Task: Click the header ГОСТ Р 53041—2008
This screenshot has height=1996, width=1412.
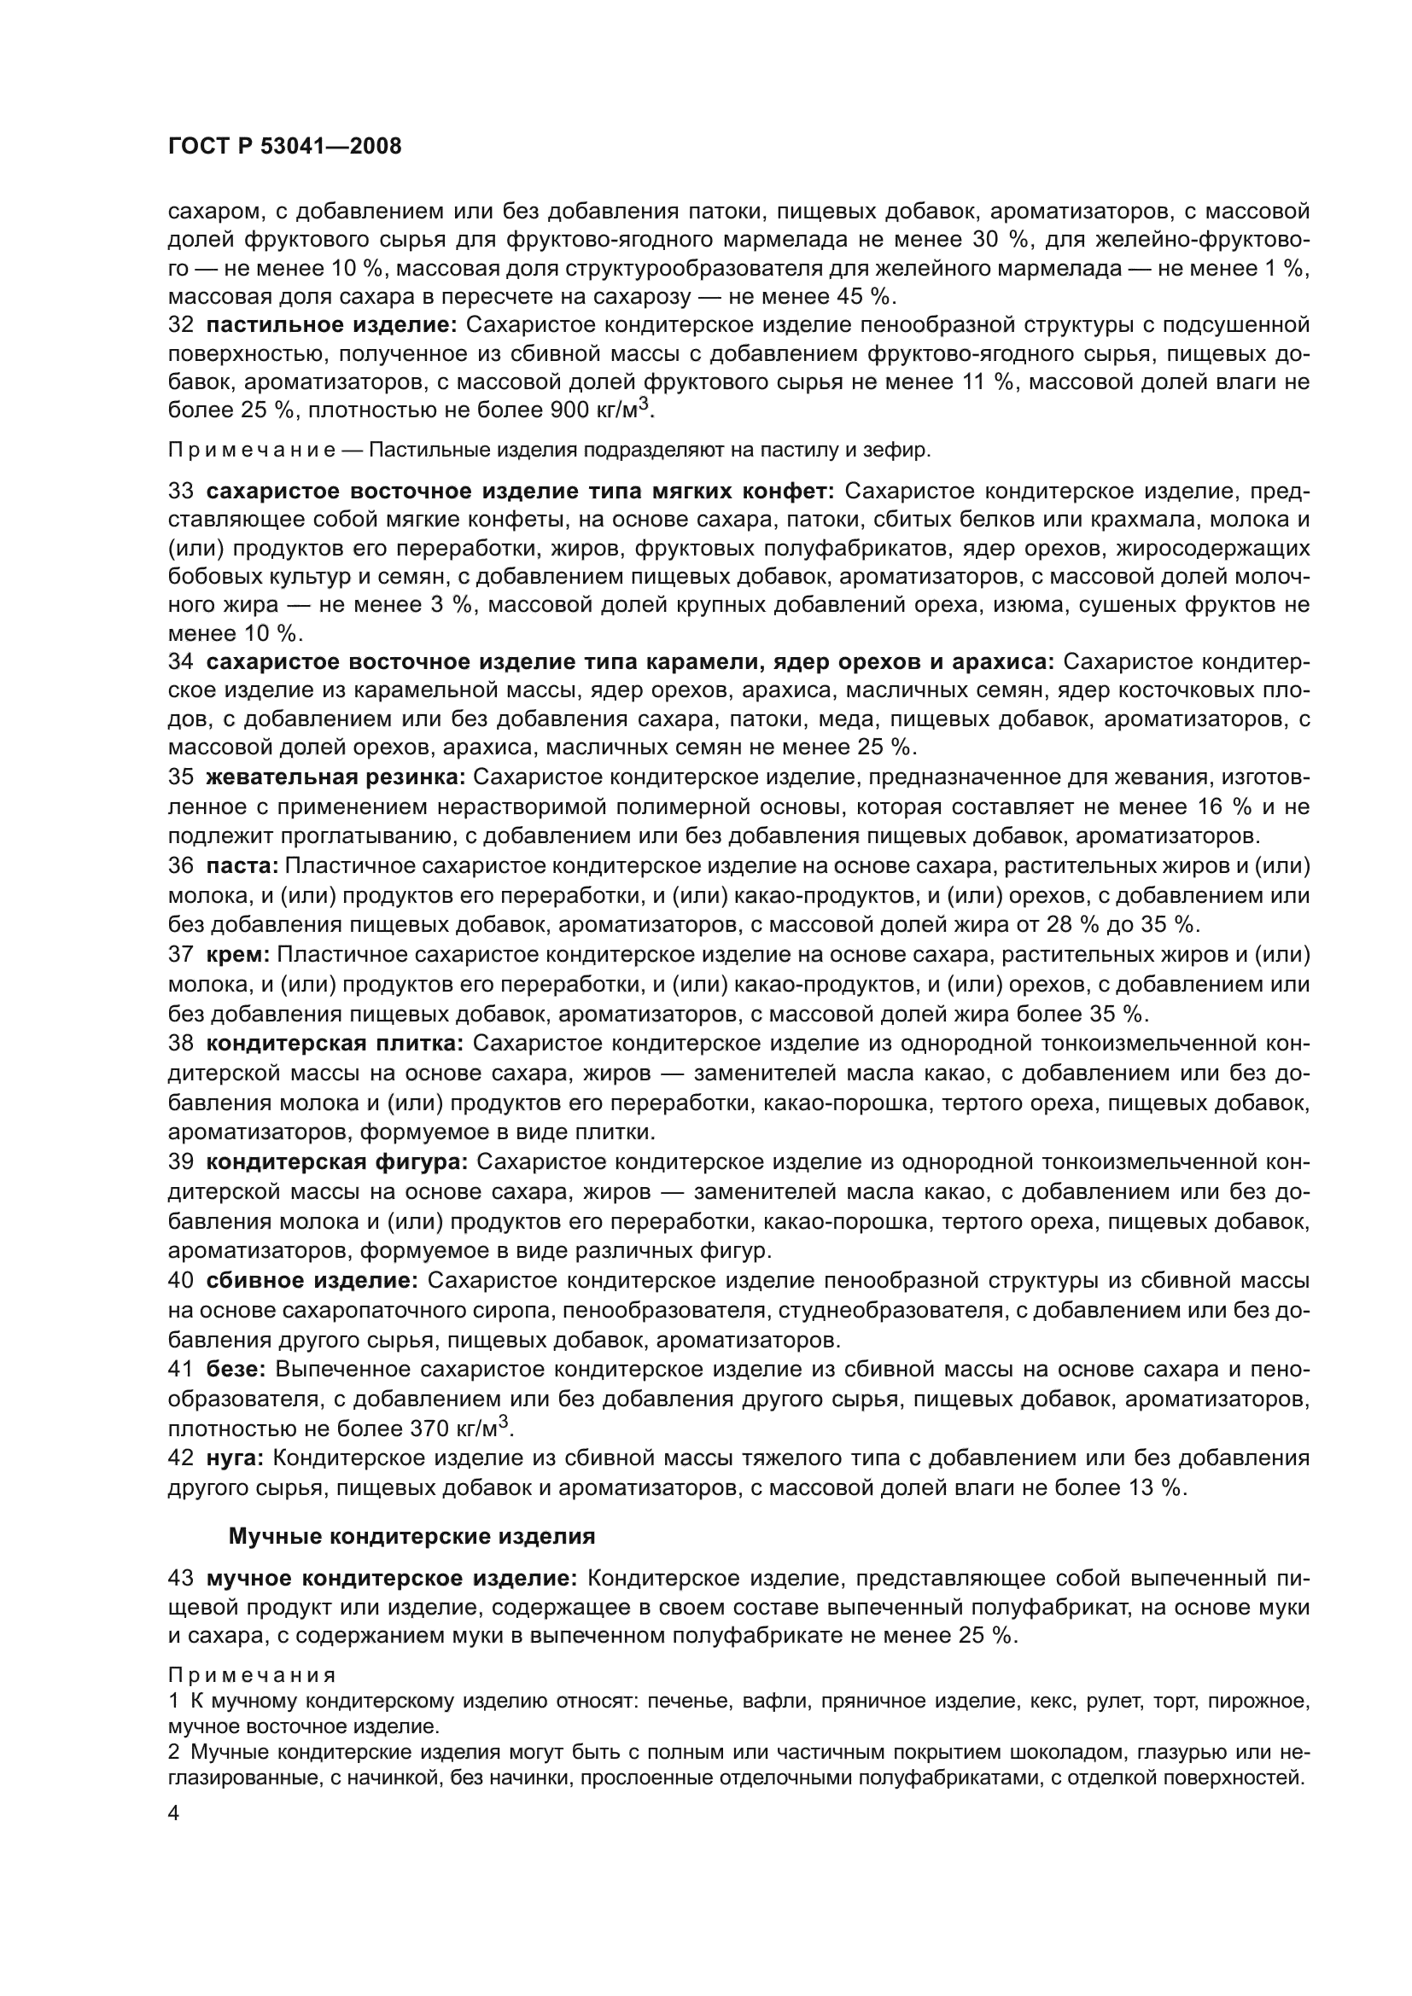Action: coord(284,146)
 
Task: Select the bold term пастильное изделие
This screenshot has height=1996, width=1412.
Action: coord(331,325)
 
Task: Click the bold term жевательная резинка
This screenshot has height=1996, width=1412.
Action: coord(335,777)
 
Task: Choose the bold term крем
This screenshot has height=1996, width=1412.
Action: coord(238,955)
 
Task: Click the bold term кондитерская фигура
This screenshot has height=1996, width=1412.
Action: coord(337,1161)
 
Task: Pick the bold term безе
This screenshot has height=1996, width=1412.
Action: coord(235,1369)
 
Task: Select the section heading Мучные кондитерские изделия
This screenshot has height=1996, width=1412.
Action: coord(411,1536)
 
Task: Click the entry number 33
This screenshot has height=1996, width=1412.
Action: coord(180,492)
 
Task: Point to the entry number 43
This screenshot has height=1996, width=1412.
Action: coord(180,1577)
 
